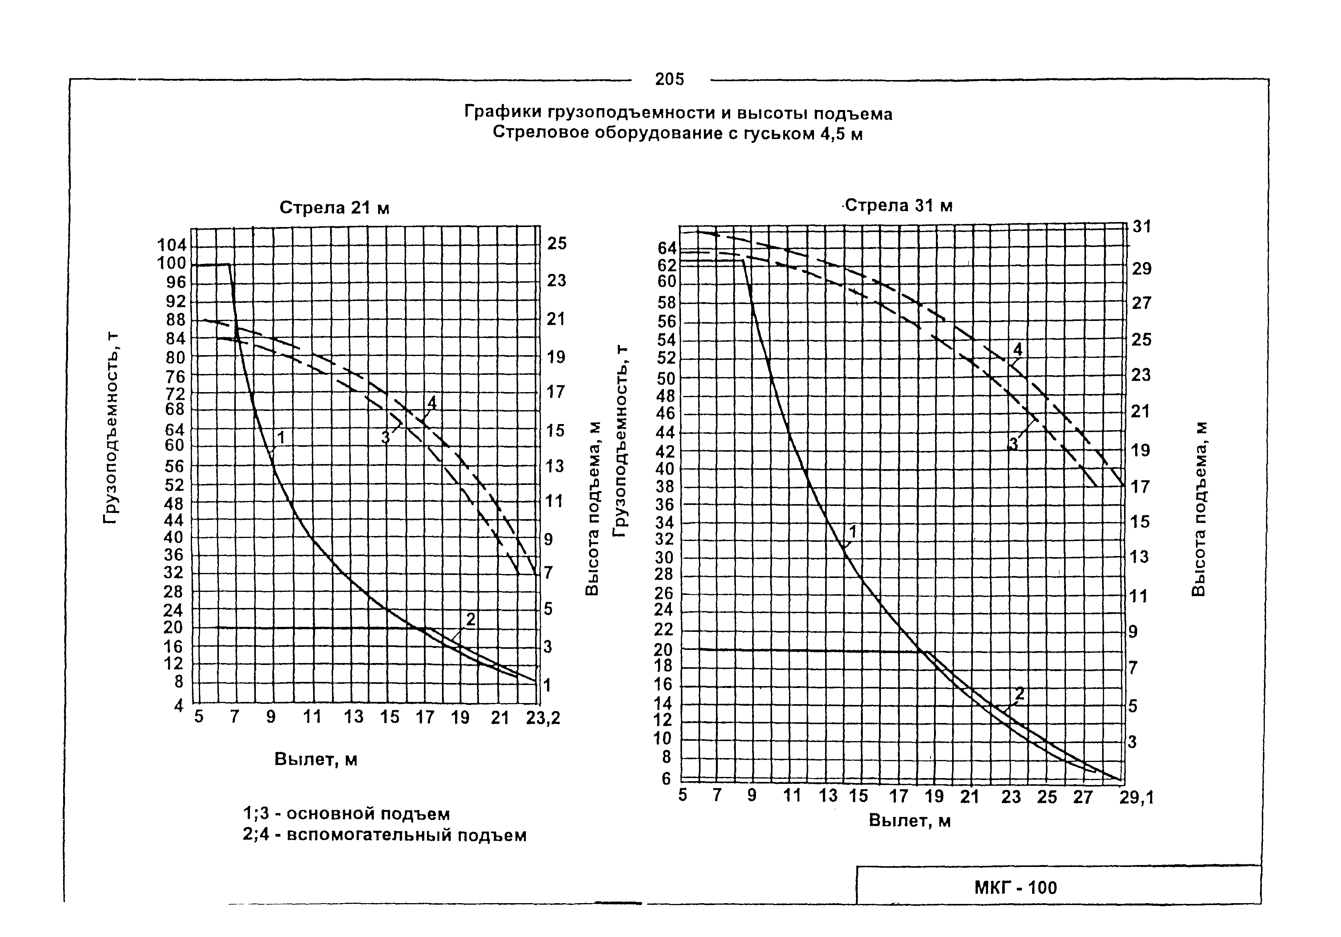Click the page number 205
coord(669,79)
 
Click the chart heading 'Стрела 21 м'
coord(334,208)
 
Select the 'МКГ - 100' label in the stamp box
coord(1016,888)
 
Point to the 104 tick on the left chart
coord(172,246)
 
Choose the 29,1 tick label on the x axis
coord(1137,797)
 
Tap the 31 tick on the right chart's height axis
coord(1142,227)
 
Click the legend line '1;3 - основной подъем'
coord(346,814)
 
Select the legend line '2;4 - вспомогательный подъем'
coord(384,835)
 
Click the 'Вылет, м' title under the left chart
coord(315,760)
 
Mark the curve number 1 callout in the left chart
coord(281,437)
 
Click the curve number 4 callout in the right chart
coord(1018,349)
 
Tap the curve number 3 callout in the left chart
coord(385,437)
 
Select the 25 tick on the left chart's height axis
coord(557,243)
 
